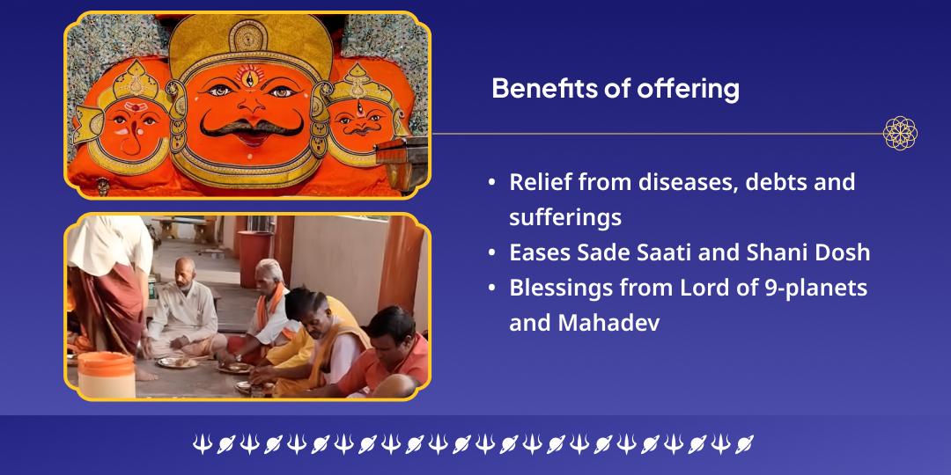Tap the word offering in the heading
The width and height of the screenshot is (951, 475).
coord(688,90)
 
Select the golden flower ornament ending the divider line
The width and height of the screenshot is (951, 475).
coord(900,134)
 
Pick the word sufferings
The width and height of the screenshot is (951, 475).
coord(565,217)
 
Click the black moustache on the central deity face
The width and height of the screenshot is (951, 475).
coord(252,127)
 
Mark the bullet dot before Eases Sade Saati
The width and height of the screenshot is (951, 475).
coord(491,252)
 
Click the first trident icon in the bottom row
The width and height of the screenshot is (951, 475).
coord(202,444)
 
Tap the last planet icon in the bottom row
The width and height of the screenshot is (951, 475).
coord(744,444)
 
